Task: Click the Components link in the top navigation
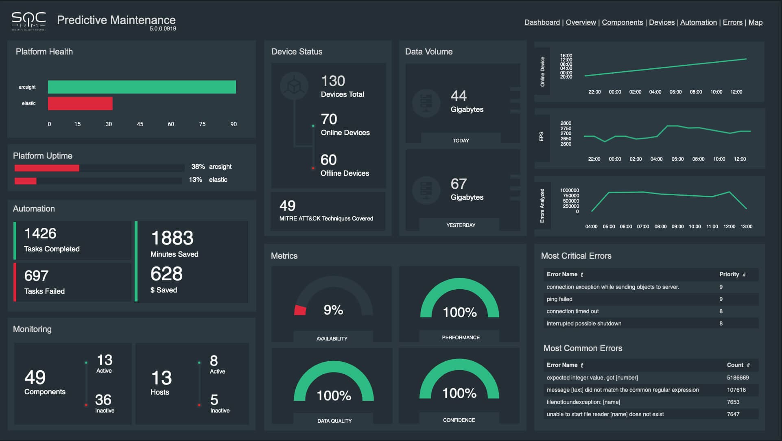[622, 22]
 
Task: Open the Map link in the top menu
[755, 22]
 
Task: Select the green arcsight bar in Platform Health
[142, 87]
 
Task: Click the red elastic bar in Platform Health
[80, 103]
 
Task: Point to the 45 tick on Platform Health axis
[140, 124]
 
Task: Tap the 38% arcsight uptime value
[198, 166]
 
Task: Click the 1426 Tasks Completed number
[40, 234]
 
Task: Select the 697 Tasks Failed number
[36, 276]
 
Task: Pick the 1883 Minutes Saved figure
[172, 238]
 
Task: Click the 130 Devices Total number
[333, 81]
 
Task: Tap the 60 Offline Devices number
[328, 160]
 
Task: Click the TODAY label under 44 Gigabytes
[461, 140]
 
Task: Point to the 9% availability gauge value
[333, 310]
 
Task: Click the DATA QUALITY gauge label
[334, 421]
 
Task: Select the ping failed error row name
[559, 299]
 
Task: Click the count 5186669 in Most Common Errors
[738, 378]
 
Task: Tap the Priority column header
[729, 274]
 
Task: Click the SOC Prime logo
[28, 21]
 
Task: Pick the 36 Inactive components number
[103, 400]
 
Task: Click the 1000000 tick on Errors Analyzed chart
[569, 190]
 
